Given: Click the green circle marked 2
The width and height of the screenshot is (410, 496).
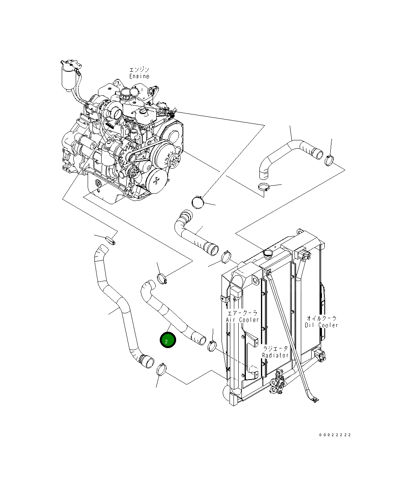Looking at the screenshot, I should pos(167,341).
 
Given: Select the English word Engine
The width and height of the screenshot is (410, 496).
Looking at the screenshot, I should pos(139,76).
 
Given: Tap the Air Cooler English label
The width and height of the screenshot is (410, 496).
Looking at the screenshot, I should pos(242,320).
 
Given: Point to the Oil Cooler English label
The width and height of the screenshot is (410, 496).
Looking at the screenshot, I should pos(322,325).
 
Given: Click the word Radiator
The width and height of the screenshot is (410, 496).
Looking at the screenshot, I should pos(275,355).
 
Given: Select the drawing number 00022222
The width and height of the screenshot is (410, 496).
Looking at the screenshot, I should pos(335,435).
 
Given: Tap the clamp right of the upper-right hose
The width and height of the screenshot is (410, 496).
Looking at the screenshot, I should pos(330,160).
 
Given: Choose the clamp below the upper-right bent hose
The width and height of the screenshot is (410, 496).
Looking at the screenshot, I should pos(264,186).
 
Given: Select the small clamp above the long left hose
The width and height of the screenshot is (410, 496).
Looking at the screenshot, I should pos(110,240).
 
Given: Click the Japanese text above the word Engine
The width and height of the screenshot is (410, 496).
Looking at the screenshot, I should pos(139,70).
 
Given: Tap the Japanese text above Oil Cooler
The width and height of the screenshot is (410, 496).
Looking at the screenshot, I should pos(322,319).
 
